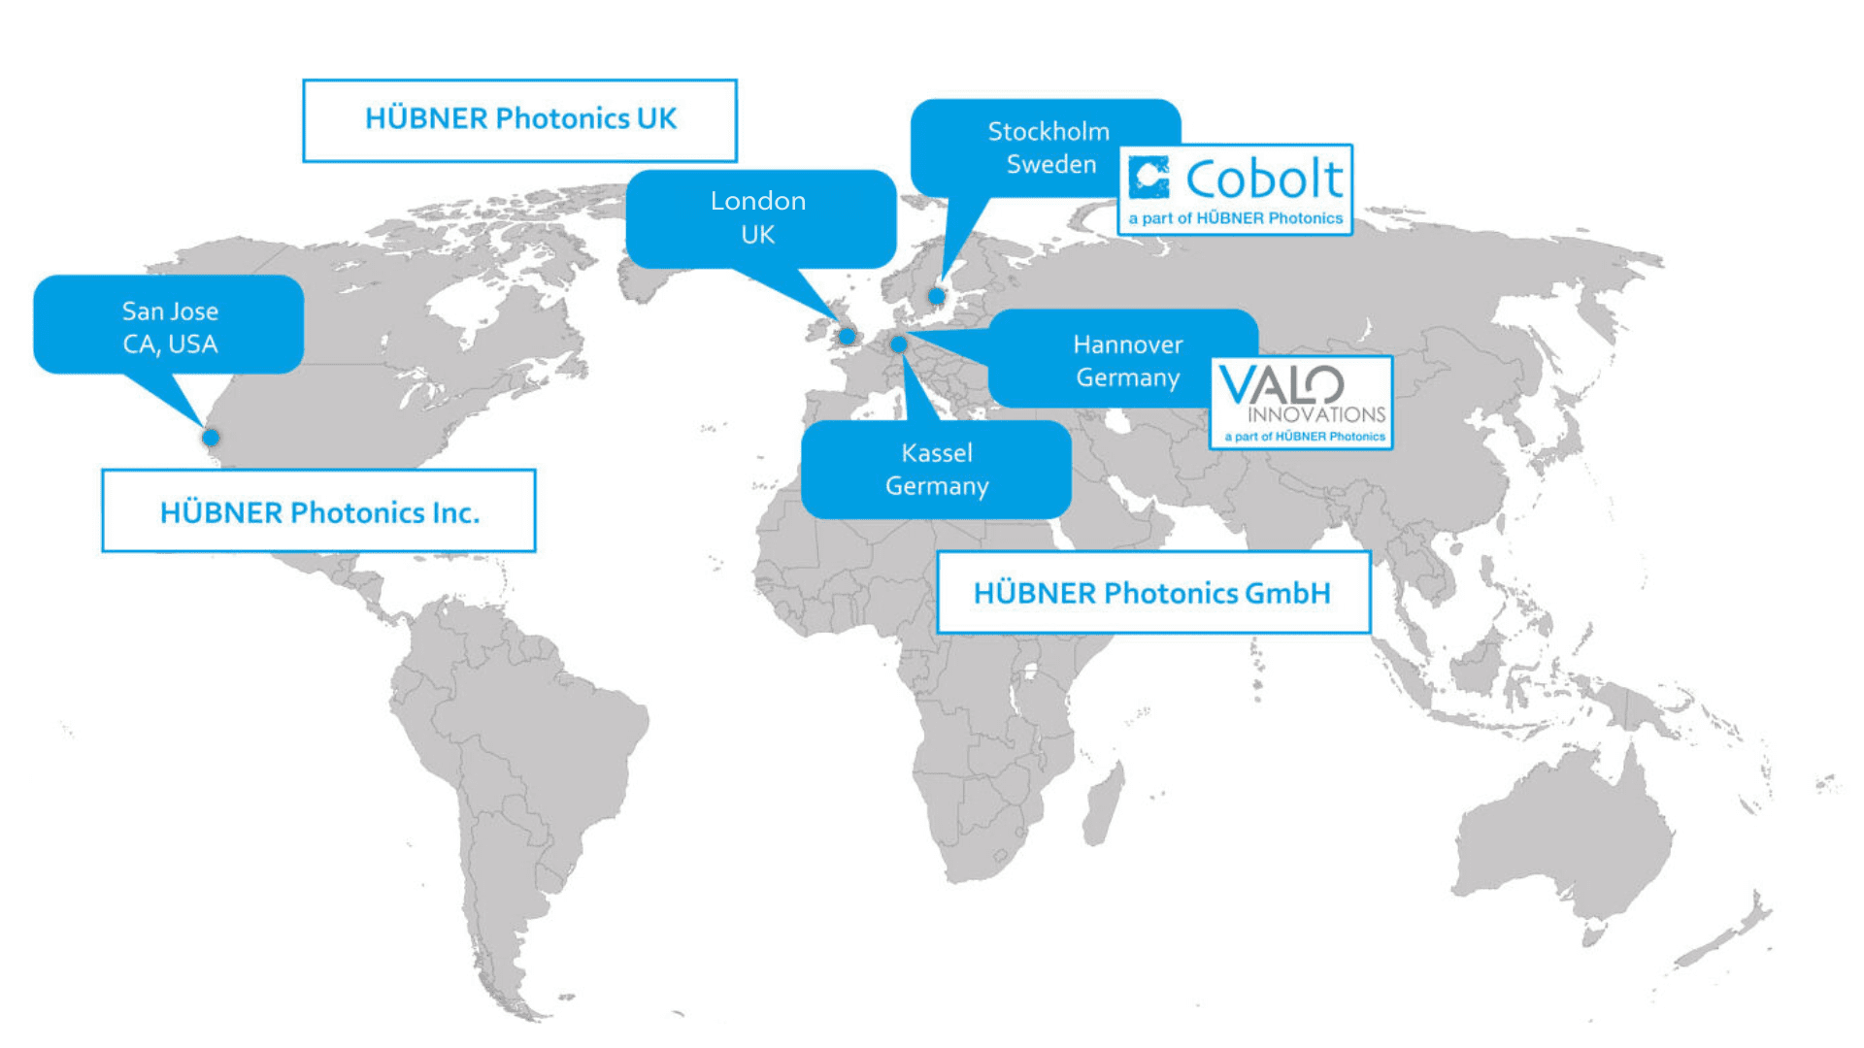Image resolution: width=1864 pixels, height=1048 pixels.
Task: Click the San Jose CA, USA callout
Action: tap(169, 326)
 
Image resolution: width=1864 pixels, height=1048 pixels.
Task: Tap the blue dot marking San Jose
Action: tap(211, 438)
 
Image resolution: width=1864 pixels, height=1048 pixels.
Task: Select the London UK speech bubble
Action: tap(759, 217)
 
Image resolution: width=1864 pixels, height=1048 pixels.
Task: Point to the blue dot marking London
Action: tap(848, 337)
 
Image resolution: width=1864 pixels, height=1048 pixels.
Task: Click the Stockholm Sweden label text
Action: tap(1048, 147)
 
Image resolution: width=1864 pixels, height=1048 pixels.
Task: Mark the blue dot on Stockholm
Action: tap(937, 296)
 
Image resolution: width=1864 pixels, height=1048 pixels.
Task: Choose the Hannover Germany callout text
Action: tap(1127, 361)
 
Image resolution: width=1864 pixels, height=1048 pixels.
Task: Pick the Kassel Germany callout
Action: tap(936, 470)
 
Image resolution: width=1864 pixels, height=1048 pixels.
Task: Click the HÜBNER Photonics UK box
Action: tap(520, 120)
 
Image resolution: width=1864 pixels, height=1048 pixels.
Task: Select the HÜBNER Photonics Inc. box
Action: tap(319, 511)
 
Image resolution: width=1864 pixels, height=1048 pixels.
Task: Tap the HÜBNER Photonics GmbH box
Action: tap(1153, 593)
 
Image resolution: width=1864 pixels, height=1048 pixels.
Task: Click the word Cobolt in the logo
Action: tap(1264, 180)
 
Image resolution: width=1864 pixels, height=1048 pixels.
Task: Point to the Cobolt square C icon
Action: tap(1149, 178)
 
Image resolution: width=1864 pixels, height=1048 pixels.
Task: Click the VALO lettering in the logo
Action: tap(1281, 384)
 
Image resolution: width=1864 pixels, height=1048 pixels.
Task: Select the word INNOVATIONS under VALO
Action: tap(1316, 414)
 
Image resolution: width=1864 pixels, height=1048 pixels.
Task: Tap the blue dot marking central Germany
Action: tap(899, 344)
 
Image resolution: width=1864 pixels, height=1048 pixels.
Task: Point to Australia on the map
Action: tap(1563, 835)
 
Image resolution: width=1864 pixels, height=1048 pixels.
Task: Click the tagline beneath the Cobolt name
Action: tap(1235, 218)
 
